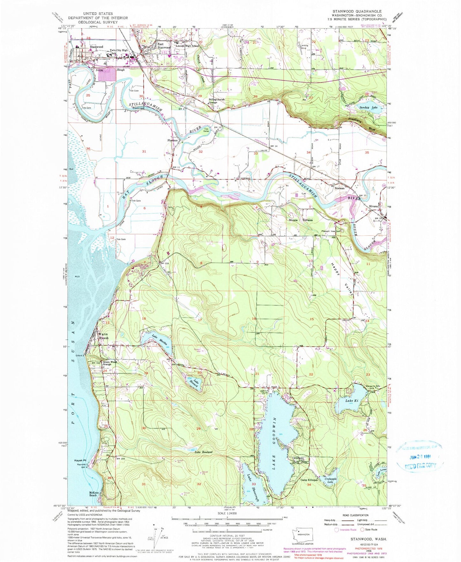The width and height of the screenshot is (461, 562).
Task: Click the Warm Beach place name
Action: click(103, 336)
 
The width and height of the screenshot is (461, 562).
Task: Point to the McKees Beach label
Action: click(93, 493)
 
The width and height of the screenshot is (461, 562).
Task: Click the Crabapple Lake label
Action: click(331, 480)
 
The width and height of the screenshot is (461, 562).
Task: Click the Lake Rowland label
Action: click(203, 452)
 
